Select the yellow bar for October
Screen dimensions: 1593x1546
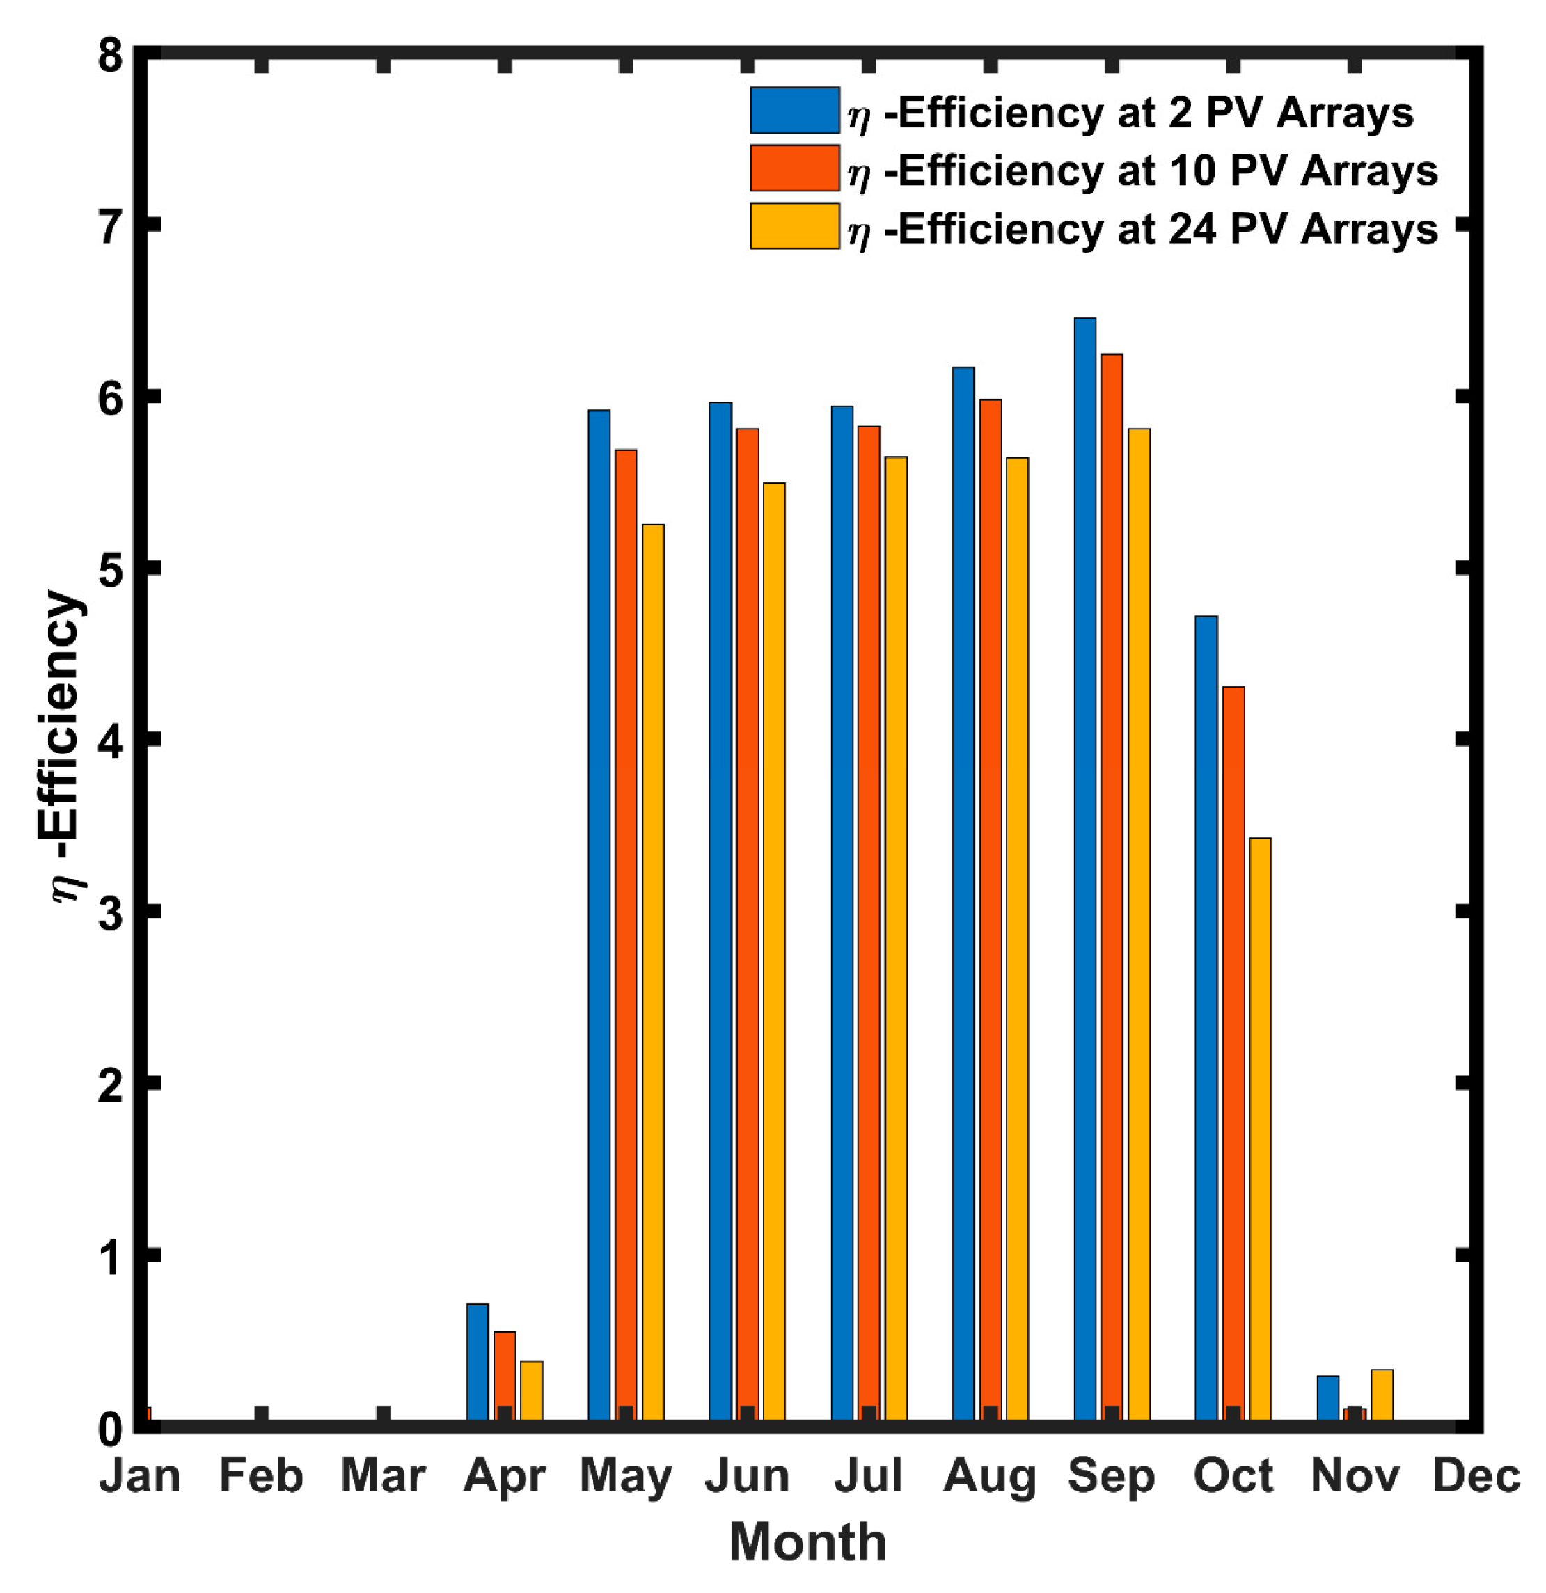click(1260, 1130)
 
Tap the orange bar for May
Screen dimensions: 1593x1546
click(626, 935)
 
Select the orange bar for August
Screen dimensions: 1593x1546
click(990, 910)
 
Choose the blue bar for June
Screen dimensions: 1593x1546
click(720, 910)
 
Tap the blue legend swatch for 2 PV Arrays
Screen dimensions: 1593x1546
click(794, 111)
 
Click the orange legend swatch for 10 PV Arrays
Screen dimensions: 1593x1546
click(794, 168)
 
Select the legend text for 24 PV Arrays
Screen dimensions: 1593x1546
click(1142, 228)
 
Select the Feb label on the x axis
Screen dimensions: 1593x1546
click(261, 1475)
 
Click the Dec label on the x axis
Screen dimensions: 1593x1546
click(1475, 1475)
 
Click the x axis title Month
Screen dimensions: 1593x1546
click(807, 1542)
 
